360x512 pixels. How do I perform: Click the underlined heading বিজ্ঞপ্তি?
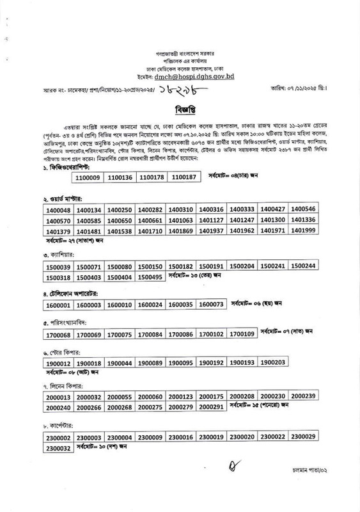coord(179,109)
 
